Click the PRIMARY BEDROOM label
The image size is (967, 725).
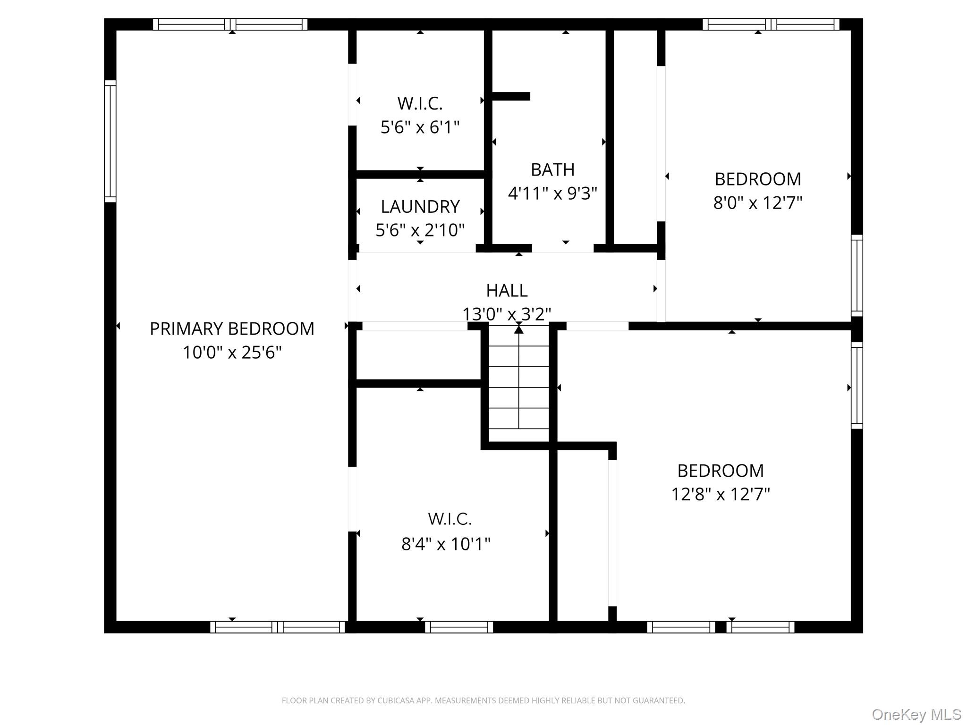(232, 329)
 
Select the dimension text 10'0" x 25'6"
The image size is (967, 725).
(232, 353)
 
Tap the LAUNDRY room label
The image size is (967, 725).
(420, 207)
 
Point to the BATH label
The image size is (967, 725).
(552, 169)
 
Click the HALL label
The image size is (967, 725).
(507, 290)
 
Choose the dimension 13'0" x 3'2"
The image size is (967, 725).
(507, 314)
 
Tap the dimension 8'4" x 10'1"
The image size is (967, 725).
(446, 544)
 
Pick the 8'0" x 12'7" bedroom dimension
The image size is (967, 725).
(757, 203)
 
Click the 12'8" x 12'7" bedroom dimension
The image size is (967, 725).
(721, 495)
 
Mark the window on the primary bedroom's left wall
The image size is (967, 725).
(110, 141)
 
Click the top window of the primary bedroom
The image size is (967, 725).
(230, 24)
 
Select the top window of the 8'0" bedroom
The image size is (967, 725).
(771, 24)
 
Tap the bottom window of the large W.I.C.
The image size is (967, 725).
(459, 627)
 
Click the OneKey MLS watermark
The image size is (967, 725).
(916, 714)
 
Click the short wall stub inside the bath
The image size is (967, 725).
(510, 96)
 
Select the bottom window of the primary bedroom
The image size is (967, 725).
(278, 627)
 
